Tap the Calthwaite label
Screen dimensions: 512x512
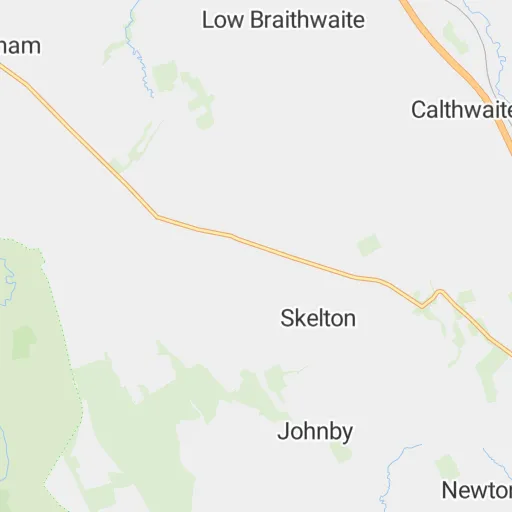tap(461, 110)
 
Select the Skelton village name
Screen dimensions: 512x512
tap(318, 318)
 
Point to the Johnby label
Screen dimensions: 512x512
tap(315, 432)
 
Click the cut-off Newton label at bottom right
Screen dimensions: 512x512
tap(477, 490)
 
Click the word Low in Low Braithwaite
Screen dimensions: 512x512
tap(221, 20)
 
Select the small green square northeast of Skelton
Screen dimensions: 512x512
tap(370, 245)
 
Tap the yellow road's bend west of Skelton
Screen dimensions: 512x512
tap(156, 216)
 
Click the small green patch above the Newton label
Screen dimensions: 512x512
tap(447, 466)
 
